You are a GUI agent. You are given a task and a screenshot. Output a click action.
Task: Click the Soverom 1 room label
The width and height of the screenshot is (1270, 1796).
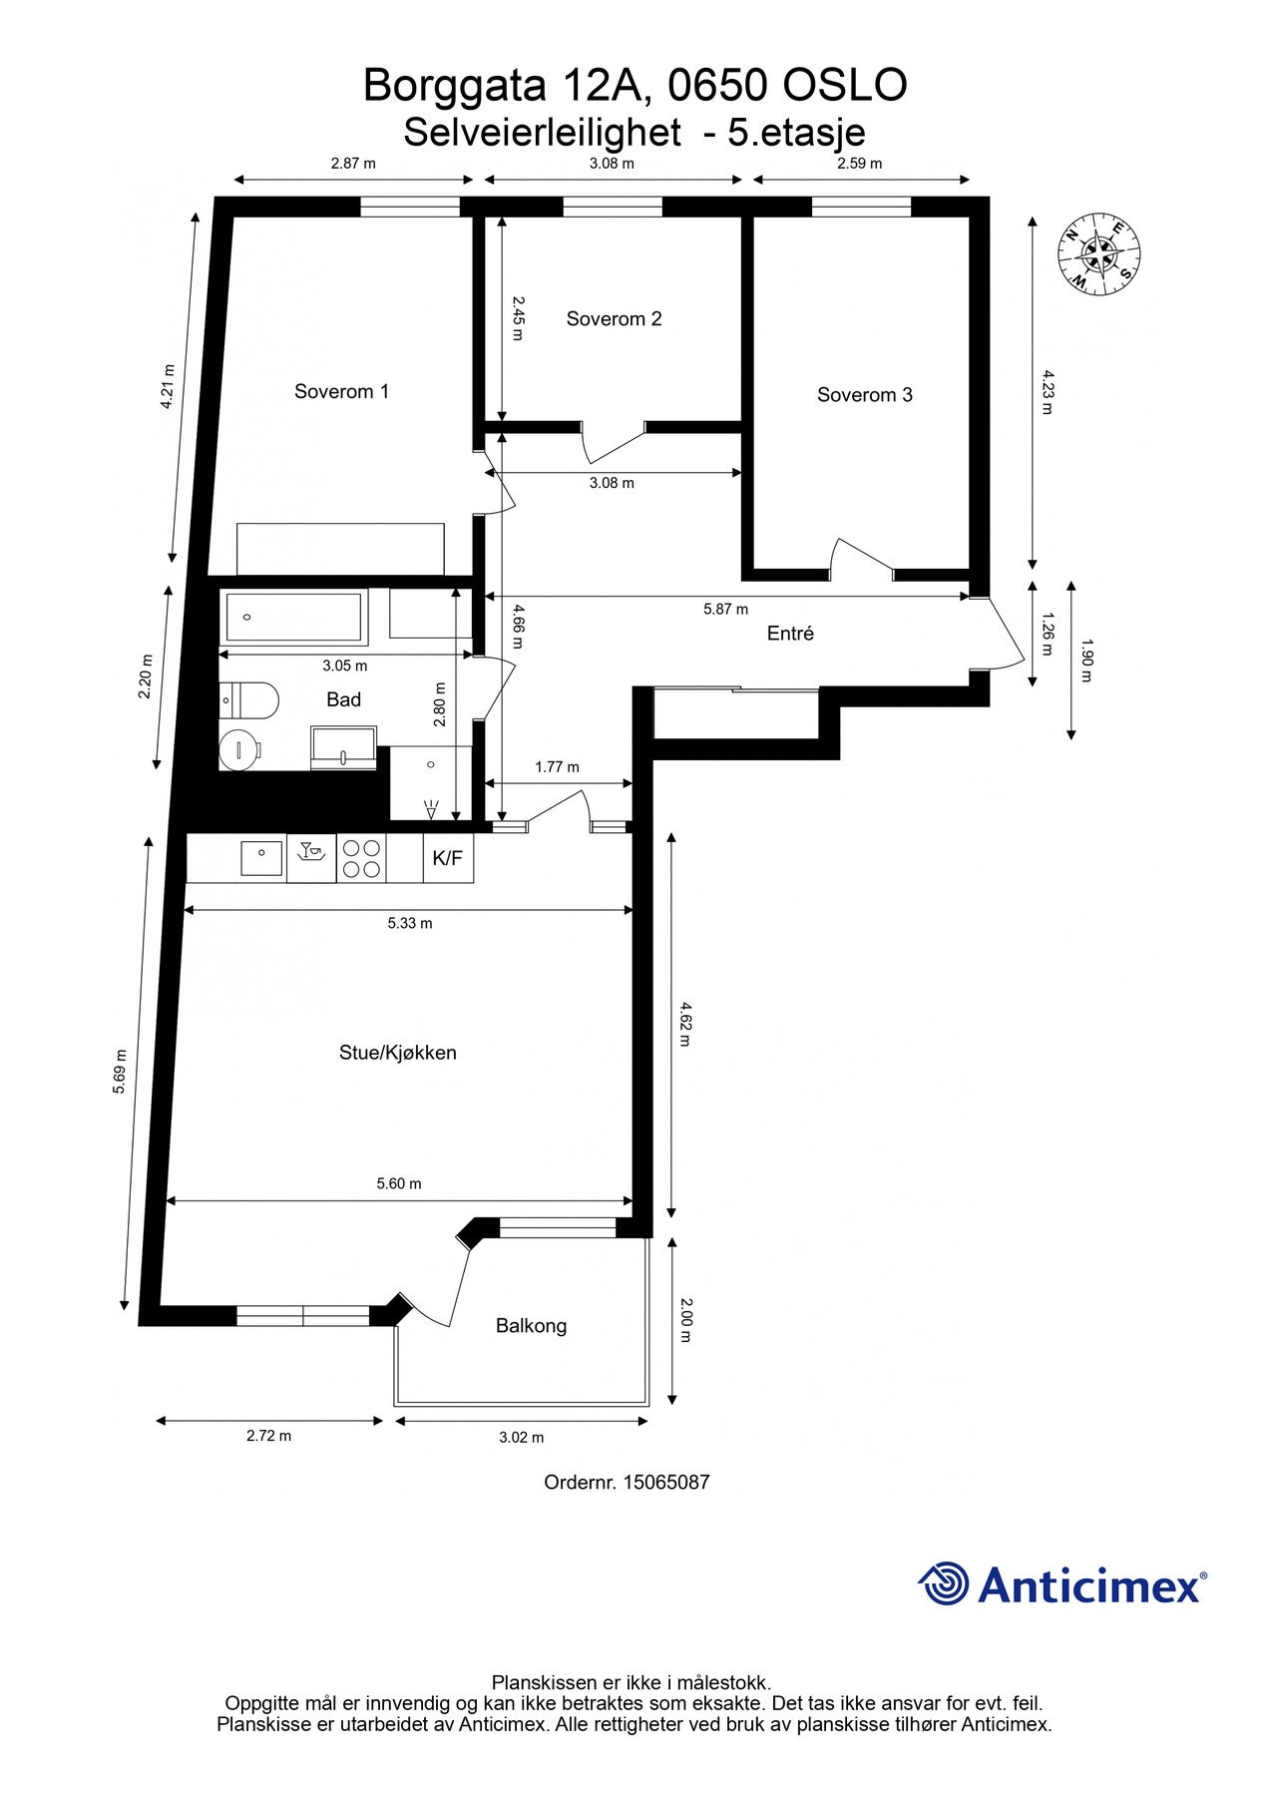pos(341,391)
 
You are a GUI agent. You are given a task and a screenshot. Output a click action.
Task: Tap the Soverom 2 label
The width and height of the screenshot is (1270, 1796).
pos(614,318)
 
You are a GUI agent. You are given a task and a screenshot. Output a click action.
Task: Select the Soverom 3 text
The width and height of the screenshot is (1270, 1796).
pos(864,394)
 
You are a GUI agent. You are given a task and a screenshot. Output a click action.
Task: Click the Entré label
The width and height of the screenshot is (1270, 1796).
pos(790,633)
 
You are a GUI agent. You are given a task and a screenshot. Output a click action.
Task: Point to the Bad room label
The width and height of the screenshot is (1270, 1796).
pos(343,699)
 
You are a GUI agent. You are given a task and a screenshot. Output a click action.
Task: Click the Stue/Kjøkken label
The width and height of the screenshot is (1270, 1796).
pos(397,1052)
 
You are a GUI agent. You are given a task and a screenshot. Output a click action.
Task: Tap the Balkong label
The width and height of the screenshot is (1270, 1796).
pos(531,1325)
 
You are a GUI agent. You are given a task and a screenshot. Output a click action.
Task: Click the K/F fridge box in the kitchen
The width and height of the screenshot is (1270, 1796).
pos(447,858)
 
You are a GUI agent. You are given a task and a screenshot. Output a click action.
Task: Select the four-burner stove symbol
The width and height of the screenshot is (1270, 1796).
pos(361,858)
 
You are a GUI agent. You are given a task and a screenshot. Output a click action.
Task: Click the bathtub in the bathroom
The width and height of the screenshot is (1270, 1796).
pos(293,617)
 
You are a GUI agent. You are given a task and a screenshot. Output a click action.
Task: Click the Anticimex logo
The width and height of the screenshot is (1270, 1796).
pos(1061,1583)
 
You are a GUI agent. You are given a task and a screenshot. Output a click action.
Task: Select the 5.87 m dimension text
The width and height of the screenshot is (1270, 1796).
pos(725,609)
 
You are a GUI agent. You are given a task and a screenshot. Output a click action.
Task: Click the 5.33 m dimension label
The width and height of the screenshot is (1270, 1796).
pos(410,923)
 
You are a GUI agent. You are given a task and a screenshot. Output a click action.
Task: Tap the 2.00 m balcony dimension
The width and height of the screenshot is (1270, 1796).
pos(684,1319)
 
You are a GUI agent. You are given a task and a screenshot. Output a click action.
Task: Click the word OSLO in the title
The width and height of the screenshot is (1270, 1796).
pos(844,86)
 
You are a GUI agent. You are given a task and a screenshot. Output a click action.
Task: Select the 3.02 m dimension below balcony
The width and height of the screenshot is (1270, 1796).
pos(522,1437)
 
